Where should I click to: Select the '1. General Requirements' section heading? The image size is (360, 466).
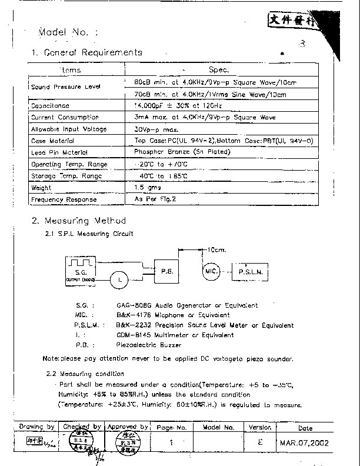click(86, 52)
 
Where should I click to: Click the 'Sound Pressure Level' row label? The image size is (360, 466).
click(66, 87)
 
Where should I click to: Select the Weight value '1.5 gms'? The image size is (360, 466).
click(147, 188)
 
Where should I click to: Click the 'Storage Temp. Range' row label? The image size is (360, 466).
click(66, 176)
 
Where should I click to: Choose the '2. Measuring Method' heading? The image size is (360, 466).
click(78, 221)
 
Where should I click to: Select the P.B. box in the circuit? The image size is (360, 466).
click(167, 272)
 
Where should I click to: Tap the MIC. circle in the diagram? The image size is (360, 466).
click(211, 272)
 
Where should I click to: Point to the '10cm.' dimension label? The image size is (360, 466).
click(214, 249)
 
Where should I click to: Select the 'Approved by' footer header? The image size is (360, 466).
click(128, 427)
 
